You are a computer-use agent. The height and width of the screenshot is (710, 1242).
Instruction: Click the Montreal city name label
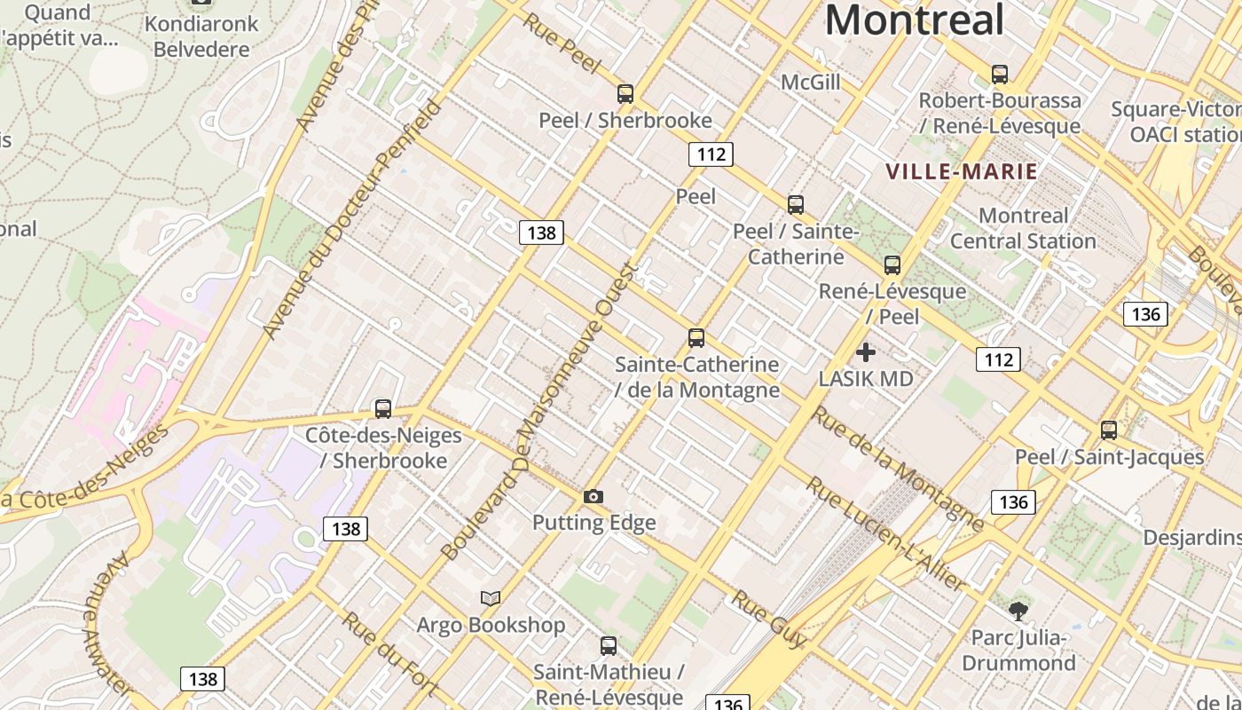click(x=914, y=20)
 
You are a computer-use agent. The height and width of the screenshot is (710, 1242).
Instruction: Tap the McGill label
click(x=810, y=83)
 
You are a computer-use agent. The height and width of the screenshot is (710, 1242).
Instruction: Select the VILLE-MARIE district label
click(x=962, y=171)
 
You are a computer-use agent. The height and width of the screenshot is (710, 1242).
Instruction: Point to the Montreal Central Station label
click(x=1023, y=228)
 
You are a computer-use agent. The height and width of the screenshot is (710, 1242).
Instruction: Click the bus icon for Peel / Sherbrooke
click(x=625, y=93)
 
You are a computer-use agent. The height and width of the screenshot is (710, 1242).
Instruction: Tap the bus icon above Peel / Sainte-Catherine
click(x=796, y=204)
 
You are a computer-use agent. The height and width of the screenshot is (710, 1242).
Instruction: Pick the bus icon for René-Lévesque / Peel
click(x=892, y=264)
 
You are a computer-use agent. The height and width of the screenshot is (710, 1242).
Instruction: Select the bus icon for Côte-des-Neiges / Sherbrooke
click(x=383, y=408)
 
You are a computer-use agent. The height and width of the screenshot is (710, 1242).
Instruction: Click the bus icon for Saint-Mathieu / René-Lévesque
click(x=609, y=645)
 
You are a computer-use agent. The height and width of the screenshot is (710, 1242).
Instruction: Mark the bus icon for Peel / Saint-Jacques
click(x=1109, y=430)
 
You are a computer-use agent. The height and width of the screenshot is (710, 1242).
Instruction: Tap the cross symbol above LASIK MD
click(x=866, y=353)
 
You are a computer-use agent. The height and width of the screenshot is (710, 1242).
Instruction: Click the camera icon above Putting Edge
click(x=594, y=496)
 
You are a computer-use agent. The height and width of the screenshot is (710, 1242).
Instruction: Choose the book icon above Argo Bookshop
click(x=491, y=598)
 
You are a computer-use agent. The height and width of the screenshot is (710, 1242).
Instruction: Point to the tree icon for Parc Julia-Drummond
click(x=1018, y=611)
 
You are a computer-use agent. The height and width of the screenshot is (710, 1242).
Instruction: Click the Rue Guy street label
click(x=769, y=619)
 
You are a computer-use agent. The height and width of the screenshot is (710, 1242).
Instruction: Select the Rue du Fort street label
click(x=390, y=655)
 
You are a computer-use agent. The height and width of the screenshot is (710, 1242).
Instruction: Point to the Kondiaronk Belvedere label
click(x=201, y=35)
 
